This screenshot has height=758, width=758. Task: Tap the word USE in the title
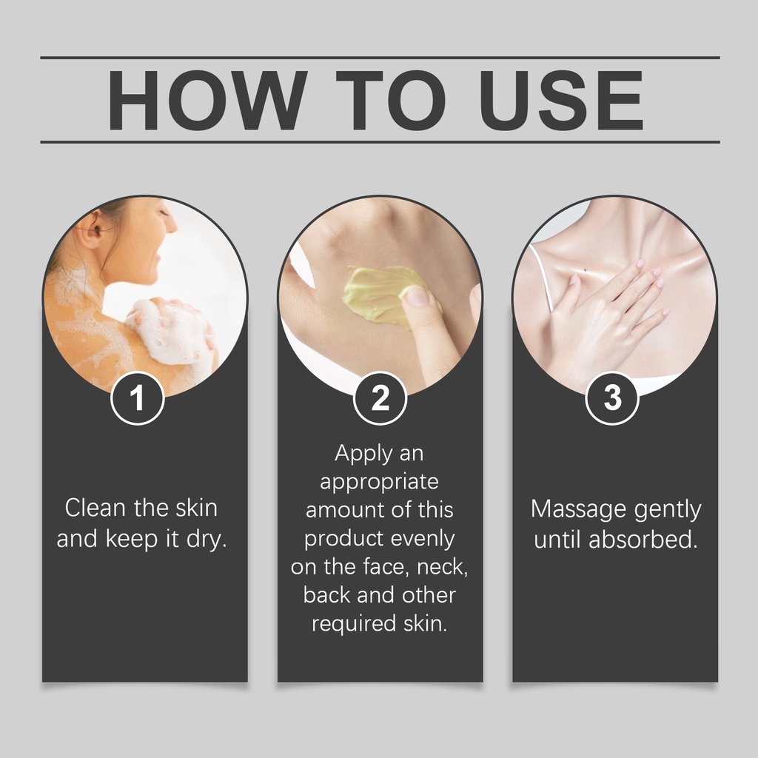[561, 100]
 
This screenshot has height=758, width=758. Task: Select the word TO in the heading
[391, 100]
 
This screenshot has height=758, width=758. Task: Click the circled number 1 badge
[138, 398]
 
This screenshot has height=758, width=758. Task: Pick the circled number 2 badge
[380, 398]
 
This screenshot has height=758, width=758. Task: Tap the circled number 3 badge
[612, 398]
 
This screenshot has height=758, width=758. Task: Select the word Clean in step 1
[96, 508]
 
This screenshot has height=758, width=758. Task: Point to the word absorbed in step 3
[643, 540]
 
